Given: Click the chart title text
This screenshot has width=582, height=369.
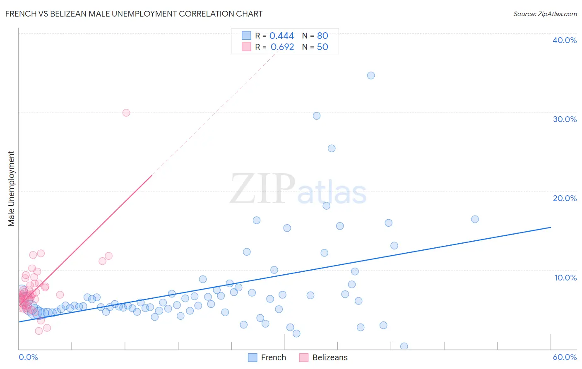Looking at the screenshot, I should (x=134, y=14).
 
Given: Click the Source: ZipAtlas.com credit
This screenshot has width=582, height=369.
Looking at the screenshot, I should (x=545, y=14).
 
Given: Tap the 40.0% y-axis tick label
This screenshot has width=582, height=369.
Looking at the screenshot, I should (x=565, y=40).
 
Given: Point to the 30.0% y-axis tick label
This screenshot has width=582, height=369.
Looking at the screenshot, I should (x=565, y=119).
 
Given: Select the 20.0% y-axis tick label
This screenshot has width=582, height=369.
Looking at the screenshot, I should (x=565, y=198).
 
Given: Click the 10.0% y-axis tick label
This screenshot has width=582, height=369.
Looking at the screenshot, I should (x=565, y=278).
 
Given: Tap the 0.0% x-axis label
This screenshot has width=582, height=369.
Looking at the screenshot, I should (x=28, y=357).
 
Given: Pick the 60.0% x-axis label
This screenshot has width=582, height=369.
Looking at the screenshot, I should (x=565, y=357).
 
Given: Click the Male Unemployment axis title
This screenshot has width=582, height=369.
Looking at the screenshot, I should (x=11, y=189).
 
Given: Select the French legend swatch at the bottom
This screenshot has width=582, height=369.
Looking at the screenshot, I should (x=253, y=357).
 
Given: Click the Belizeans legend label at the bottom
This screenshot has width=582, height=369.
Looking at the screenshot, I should (x=330, y=357).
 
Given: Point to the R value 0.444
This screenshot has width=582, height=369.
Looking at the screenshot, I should (x=281, y=36).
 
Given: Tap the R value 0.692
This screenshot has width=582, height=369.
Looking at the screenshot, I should (x=282, y=47).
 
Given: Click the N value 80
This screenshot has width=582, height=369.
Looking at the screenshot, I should (x=322, y=36).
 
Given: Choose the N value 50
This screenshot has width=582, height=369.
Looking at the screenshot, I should (x=322, y=47).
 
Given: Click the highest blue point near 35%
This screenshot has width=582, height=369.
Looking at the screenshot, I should (x=371, y=75).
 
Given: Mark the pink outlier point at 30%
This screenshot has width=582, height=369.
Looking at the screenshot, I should (x=126, y=113).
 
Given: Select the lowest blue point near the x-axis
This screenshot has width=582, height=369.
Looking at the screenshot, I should (x=404, y=346).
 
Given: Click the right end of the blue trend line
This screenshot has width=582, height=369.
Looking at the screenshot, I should (x=551, y=227).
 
